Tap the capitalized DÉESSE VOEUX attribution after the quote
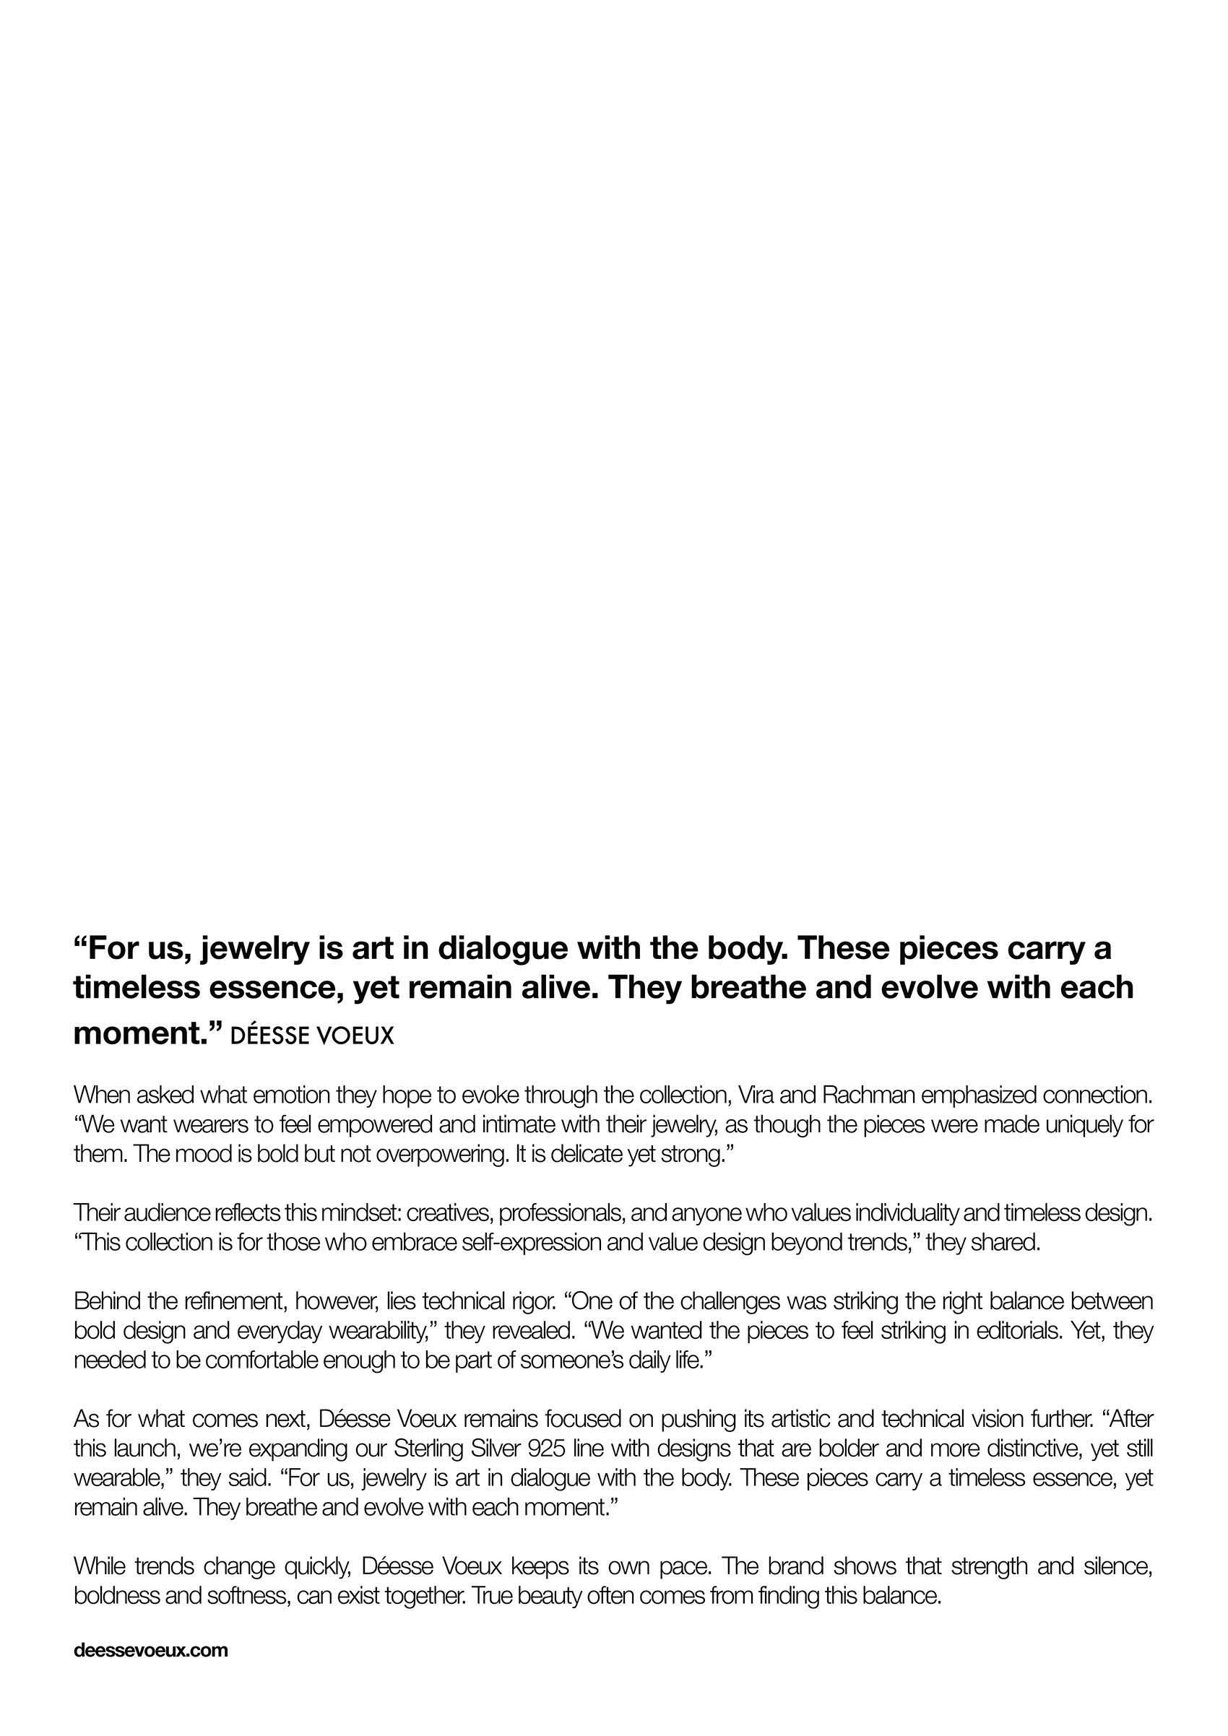(311, 1035)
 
